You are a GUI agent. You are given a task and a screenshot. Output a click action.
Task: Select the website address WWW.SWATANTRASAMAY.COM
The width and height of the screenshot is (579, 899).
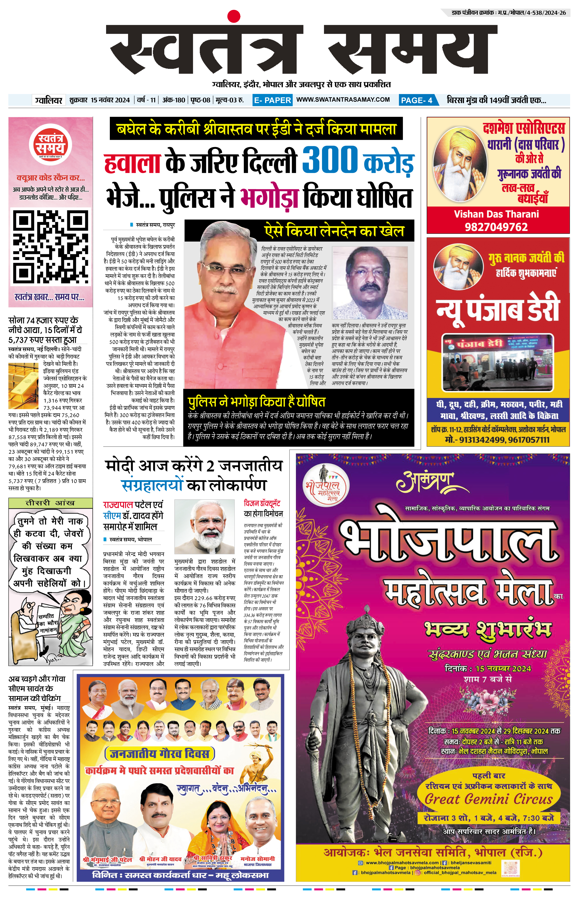[x=343, y=100]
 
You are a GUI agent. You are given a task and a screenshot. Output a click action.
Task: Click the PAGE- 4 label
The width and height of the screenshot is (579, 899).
[x=417, y=100]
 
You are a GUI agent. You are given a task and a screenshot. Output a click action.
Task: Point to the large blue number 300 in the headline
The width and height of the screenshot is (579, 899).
[x=330, y=160]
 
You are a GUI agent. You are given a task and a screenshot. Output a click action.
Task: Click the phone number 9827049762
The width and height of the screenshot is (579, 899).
[x=496, y=227]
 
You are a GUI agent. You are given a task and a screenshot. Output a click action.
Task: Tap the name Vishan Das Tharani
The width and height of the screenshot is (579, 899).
[x=496, y=214]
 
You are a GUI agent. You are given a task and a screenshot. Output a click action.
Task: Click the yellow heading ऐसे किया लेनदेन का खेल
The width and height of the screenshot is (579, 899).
[x=334, y=230]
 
